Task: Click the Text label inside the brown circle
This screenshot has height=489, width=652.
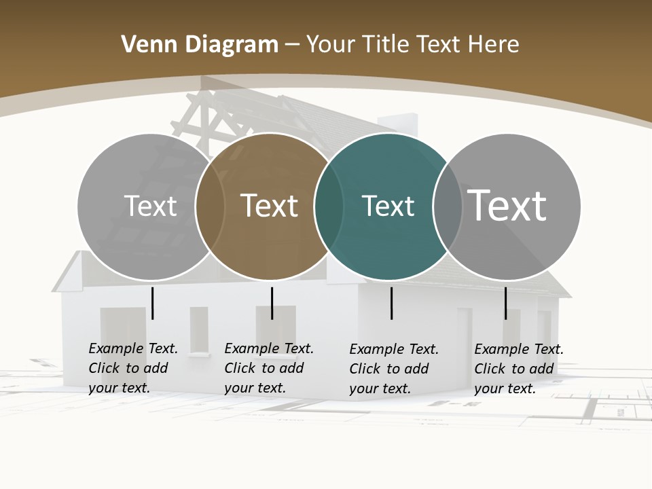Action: [270, 206]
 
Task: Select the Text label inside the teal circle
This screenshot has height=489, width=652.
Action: [388, 206]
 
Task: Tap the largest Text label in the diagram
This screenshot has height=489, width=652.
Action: [507, 205]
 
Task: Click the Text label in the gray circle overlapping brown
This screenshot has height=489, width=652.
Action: [150, 206]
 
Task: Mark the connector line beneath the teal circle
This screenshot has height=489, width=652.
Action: [392, 303]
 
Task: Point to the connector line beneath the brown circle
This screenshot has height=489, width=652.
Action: [272, 303]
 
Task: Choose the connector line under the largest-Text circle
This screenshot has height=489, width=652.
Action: [505, 303]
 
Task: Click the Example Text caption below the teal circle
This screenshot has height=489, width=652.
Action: [394, 369]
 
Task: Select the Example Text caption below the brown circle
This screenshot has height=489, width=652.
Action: [269, 368]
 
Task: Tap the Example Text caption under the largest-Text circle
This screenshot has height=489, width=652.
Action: [519, 369]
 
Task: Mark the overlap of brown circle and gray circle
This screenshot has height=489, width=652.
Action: [210, 206]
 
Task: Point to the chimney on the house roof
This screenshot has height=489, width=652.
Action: [397, 125]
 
